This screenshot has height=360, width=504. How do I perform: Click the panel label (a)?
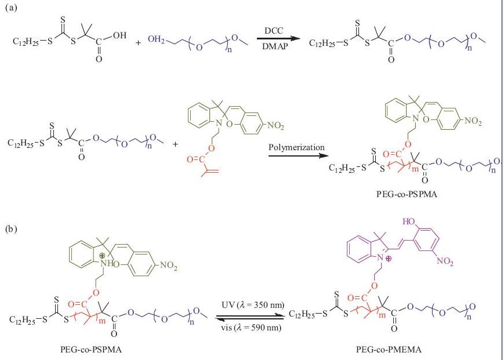(x=9, y=8)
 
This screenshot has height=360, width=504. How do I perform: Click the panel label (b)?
(x=9, y=229)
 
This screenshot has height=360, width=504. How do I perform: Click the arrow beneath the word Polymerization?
(x=296, y=155)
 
